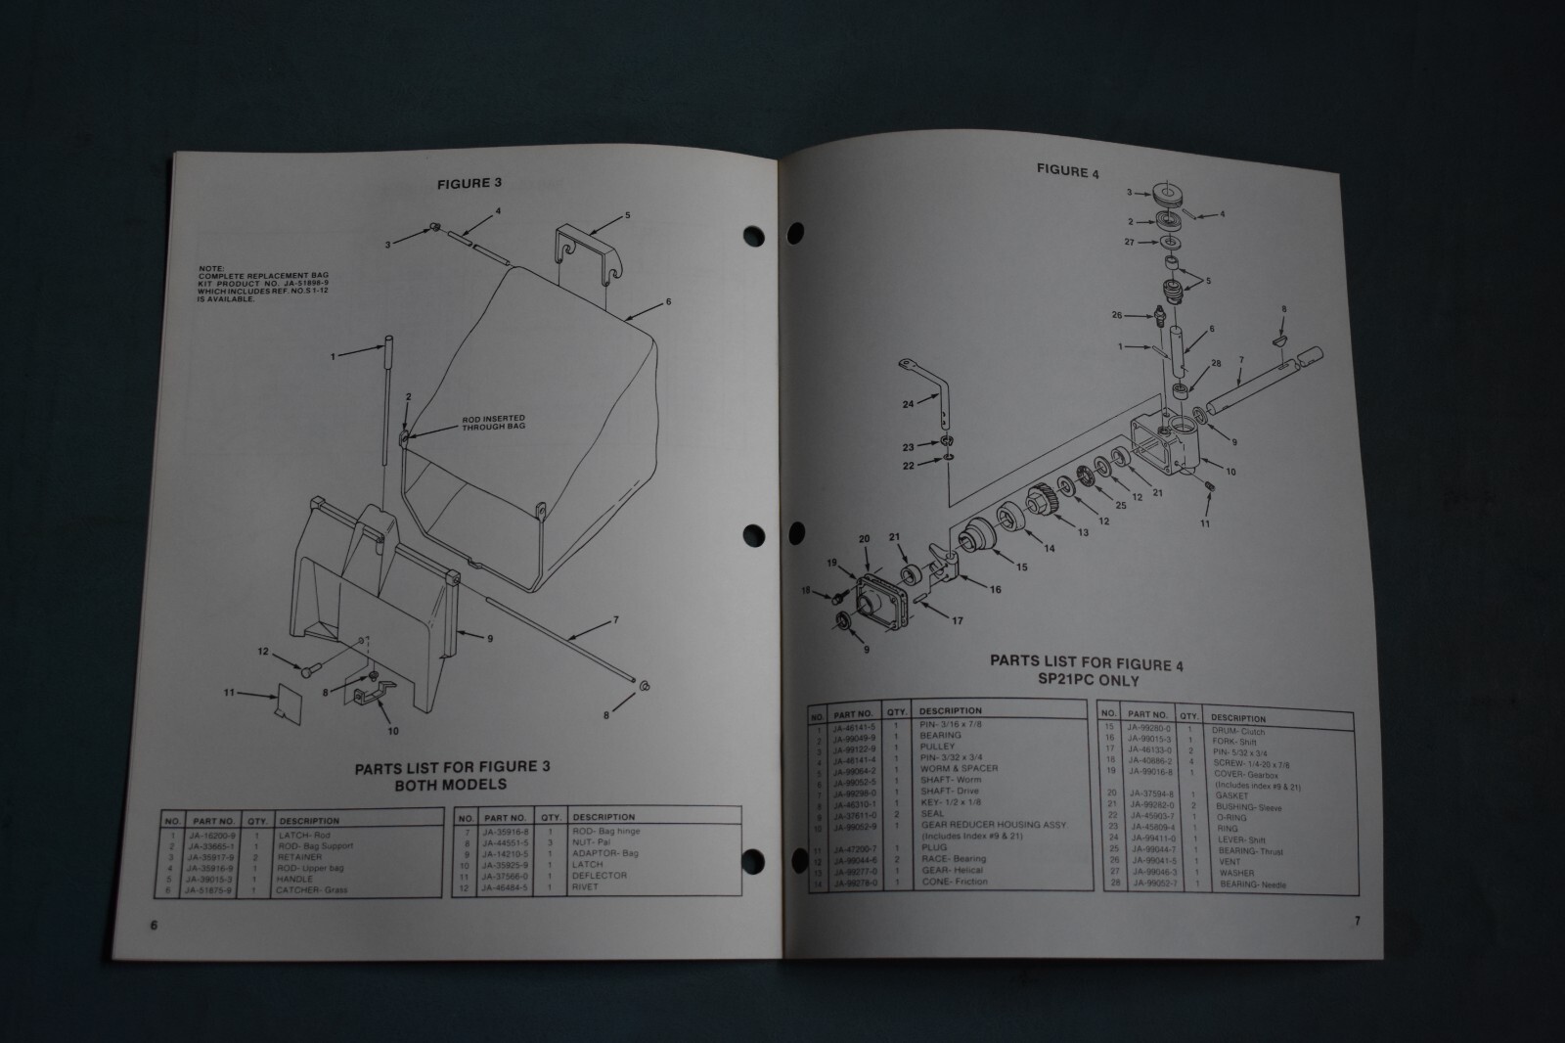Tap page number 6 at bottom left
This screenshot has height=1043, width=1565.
point(154,926)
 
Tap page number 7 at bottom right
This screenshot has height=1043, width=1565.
point(1357,920)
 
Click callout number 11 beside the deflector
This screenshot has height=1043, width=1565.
point(229,693)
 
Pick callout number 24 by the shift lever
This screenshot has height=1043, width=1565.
point(908,403)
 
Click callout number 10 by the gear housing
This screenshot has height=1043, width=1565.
point(1230,472)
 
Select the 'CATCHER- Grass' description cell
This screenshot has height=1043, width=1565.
point(311,890)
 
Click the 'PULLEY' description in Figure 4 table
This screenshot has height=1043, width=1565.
point(937,747)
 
